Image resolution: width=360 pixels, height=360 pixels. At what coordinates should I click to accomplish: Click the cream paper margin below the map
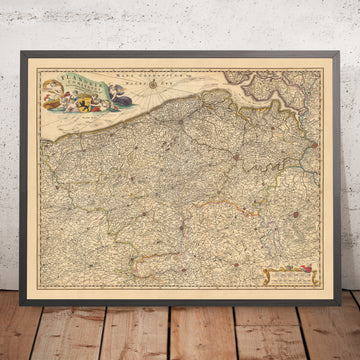pos(180,297)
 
